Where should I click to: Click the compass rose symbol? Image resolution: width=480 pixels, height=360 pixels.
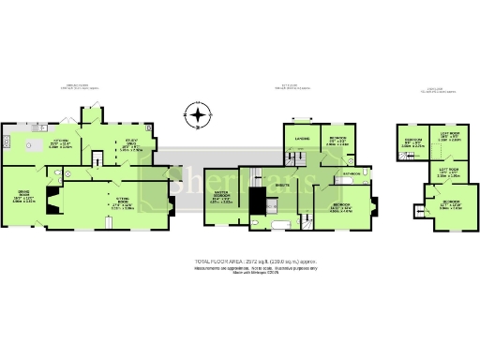click(198, 116)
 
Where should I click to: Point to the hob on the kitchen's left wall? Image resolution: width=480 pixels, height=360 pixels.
click(6, 141)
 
